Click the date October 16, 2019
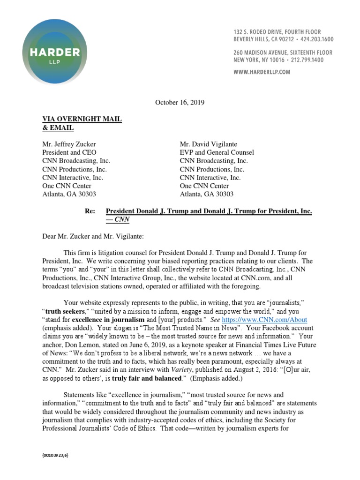180,102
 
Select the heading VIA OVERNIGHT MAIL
82,119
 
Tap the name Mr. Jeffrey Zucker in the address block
69,144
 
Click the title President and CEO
69,152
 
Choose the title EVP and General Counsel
217,152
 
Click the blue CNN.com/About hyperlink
264,320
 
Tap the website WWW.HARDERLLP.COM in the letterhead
262,72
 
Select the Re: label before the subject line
90,211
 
